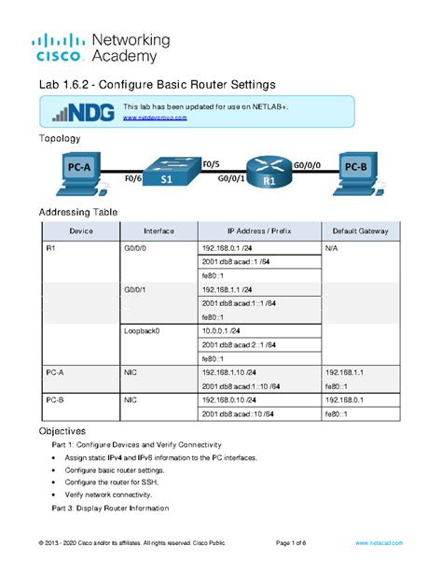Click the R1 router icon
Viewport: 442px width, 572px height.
click(x=269, y=172)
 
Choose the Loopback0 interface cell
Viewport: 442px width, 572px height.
click(x=142, y=330)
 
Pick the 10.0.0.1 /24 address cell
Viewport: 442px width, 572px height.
click(x=221, y=330)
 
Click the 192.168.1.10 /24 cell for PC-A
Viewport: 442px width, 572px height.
click(x=228, y=371)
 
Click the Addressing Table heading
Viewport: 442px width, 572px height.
click(x=77, y=212)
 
